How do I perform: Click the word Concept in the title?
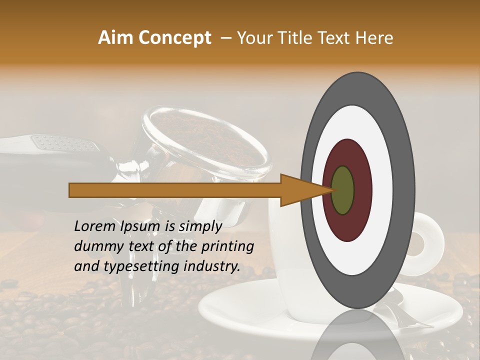[x=174, y=38]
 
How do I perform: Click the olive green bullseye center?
[x=342, y=190]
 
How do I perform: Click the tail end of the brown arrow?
[x=70, y=190]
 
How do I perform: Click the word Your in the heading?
[x=253, y=38]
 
